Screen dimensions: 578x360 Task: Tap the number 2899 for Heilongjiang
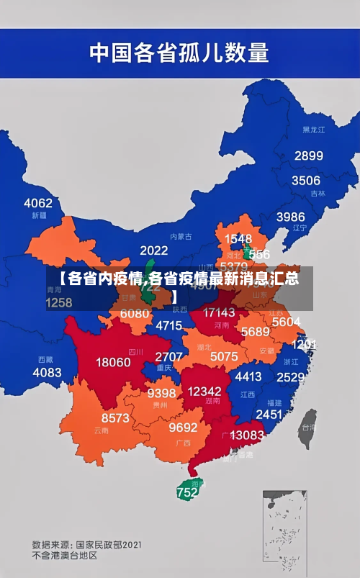[308, 155]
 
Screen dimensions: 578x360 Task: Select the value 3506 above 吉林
[305, 180]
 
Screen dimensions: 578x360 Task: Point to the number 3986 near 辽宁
[290, 217]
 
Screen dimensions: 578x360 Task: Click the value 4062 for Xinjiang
[38, 203]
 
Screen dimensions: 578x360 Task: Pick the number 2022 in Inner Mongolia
[153, 250]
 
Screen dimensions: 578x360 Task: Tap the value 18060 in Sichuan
[114, 362]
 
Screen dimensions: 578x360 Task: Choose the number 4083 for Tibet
[48, 372]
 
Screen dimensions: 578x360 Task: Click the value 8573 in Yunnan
[115, 417]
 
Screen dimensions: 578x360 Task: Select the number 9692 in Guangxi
[183, 428]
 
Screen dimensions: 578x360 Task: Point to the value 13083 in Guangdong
[247, 435]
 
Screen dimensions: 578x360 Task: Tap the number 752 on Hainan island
[186, 493]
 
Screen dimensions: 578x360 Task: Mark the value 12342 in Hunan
[204, 391]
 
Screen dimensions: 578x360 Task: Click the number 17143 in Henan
[219, 312]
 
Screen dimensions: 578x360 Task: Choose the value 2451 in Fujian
[269, 414]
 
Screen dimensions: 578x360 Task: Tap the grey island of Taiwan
[307, 424]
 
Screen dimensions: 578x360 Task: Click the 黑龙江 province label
[313, 130]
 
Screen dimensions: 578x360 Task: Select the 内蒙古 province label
[181, 235]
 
